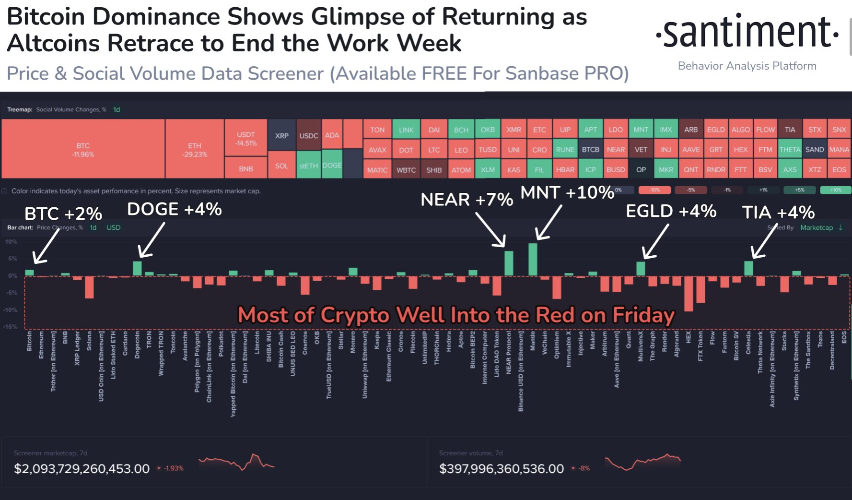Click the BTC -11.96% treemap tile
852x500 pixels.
tap(83, 149)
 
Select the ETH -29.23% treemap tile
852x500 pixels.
tap(195, 149)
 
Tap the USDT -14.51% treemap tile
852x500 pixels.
tap(246, 138)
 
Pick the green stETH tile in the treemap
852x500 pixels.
tap(308, 166)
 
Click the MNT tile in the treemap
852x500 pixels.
tap(641, 130)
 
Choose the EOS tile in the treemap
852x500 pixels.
tap(839, 169)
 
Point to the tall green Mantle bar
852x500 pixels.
tap(533, 260)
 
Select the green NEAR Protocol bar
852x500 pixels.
tap(509, 263)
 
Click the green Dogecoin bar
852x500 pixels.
tap(137, 268)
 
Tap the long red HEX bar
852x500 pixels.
tap(689, 294)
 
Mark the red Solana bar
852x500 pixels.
tap(89, 287)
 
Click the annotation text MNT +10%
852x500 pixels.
tap(567, 192)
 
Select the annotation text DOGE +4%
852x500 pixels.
tap(174, 209)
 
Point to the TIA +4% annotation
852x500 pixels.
tap(778, 212)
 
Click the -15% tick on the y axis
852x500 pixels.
tap(11, 327)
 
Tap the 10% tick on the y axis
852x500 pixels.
tap(12, 242)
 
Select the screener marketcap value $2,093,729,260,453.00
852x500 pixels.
tap(82, 469)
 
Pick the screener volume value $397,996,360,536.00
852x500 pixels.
tap(502, 469)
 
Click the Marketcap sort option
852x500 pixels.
tap(817, 227)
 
